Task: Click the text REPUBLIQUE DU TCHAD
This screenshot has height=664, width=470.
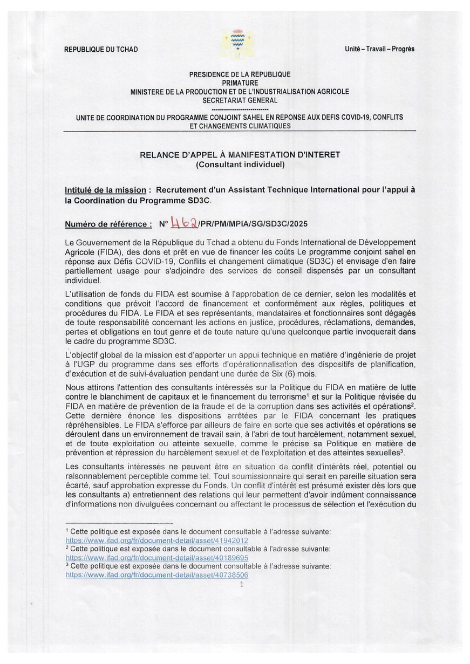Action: pos(101,50)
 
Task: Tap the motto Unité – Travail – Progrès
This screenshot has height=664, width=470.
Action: pos(379,49)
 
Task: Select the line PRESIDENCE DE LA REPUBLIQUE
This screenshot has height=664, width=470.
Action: pos(240,74)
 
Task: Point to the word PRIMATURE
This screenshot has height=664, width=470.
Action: pos(240,83)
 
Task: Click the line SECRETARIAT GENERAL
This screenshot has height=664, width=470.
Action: pos(240,100)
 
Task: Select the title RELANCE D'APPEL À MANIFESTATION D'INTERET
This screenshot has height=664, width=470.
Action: pos(240,155)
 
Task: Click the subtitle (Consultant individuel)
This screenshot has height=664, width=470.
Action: pos(240,165)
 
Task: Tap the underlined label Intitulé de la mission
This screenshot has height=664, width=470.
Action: pos(105,190)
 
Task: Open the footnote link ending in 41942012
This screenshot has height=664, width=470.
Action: pos(156,540)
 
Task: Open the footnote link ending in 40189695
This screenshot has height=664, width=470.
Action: pos(156,558)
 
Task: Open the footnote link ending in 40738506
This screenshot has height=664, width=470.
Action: pos(156,576)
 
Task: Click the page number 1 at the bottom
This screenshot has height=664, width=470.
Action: pos(241,584)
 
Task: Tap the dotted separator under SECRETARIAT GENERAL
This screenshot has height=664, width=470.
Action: pos(240,108)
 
